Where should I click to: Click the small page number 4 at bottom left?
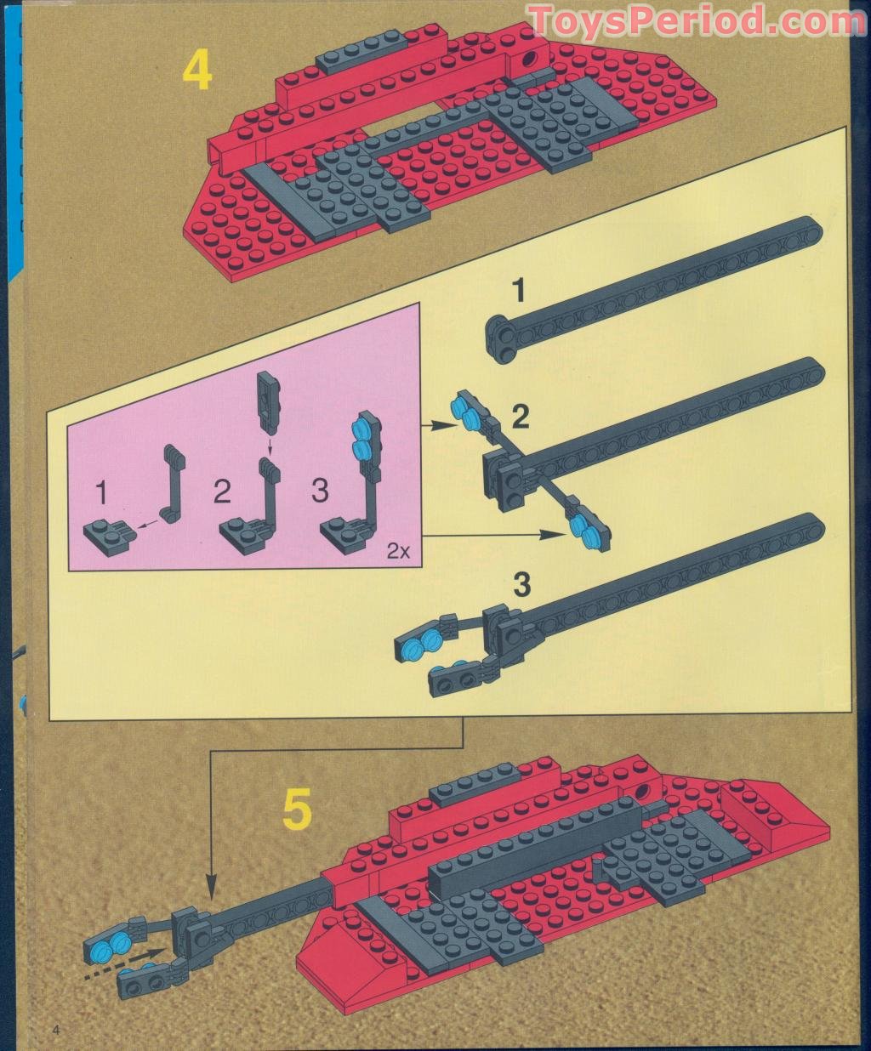57,1030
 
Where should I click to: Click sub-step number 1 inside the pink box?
102,492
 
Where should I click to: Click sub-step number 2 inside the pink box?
222,491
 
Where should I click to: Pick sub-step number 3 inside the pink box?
320,491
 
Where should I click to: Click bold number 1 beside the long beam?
521,292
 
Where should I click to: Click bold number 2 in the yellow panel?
521,417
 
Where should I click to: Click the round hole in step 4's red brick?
532,59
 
